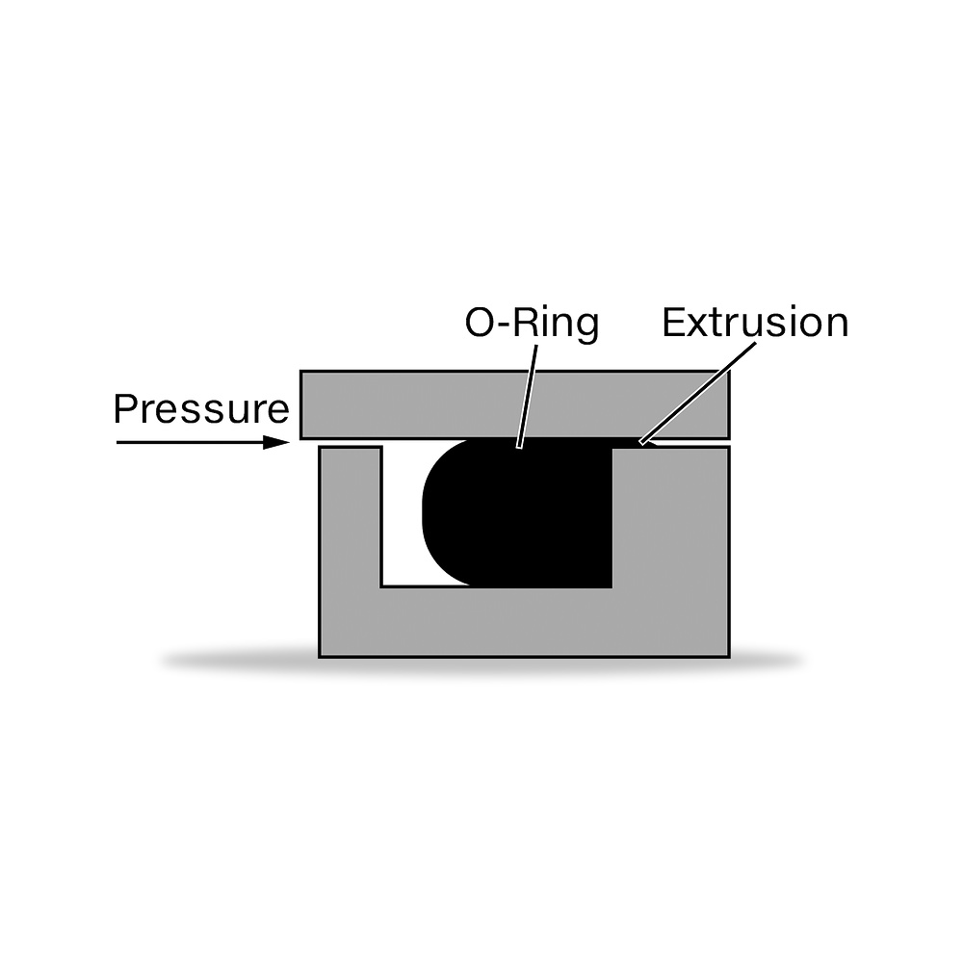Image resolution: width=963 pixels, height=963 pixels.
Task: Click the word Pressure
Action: point(201,409)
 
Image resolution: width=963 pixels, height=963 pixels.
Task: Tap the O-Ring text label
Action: point(532,324)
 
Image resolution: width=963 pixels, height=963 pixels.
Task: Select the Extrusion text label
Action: point(755,323)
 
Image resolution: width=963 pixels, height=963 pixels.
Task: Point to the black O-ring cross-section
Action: point(522,513)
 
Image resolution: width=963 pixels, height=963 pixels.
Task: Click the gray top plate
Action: point(514,404)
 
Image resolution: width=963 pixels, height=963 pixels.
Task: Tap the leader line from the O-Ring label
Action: point(528,397)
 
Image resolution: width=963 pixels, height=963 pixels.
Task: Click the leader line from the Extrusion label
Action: point(697,393)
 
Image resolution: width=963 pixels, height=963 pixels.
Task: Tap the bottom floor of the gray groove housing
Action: point(524,622)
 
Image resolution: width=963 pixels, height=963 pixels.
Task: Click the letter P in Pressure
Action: point(124,409)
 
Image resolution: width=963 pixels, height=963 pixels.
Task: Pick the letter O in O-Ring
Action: point(479,323)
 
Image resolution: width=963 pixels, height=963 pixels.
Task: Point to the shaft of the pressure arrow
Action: point(191,442)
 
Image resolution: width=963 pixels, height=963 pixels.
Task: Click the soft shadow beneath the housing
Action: point(482,663)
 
